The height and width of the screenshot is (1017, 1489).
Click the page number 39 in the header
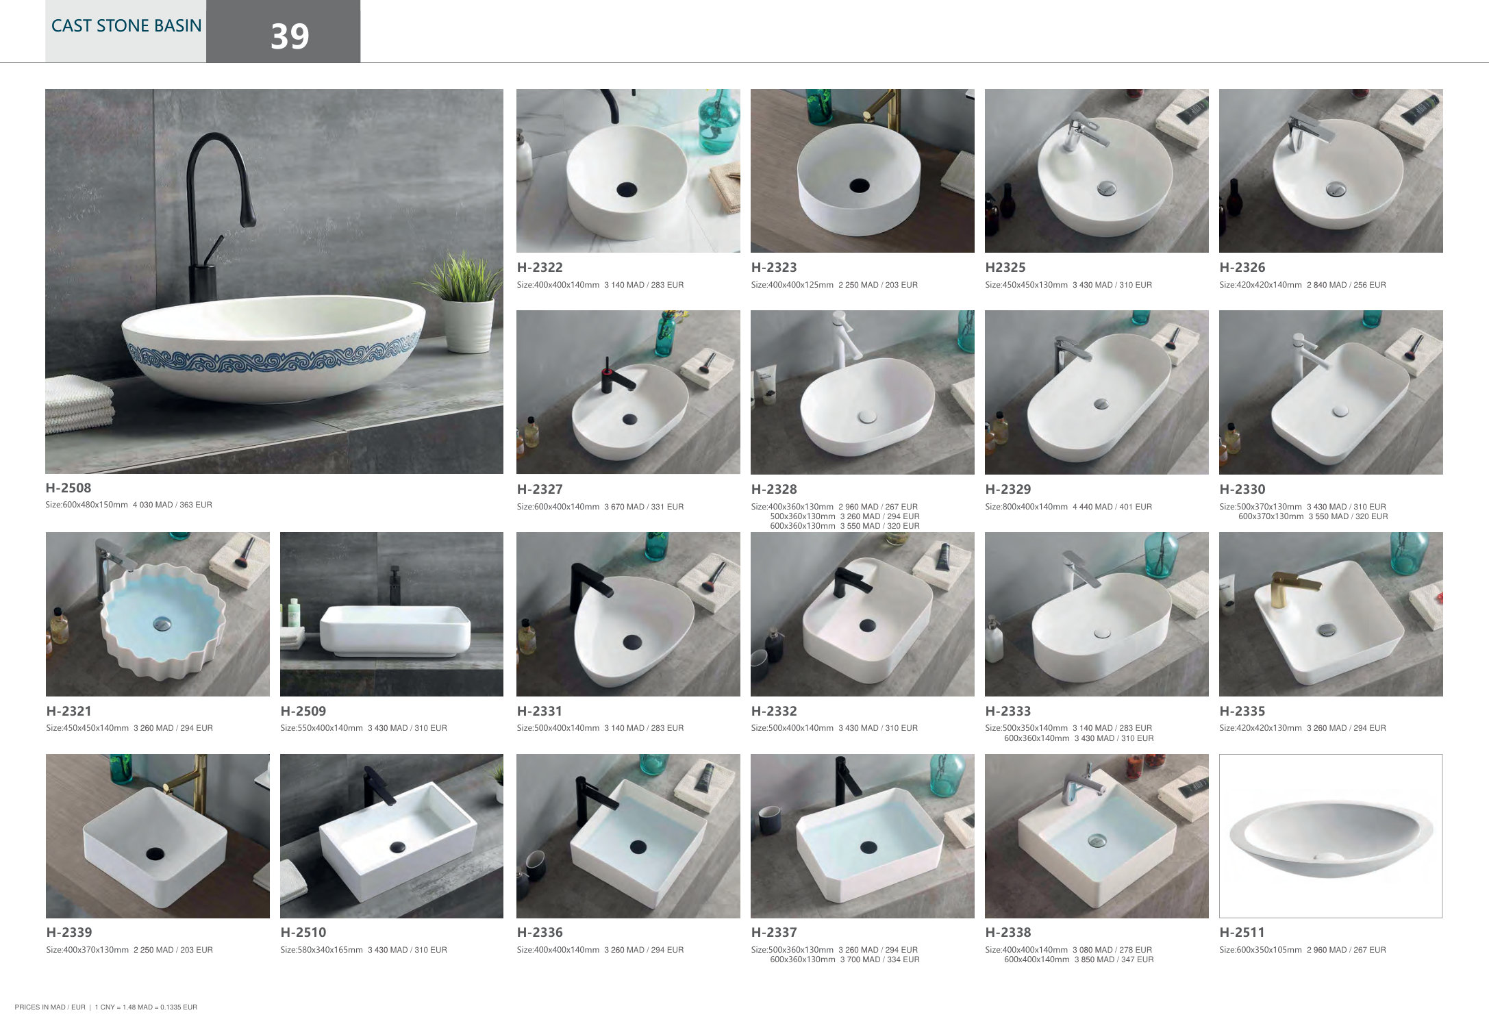[x=290, y=36]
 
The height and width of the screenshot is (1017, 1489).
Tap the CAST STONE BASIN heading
[x=127, y=26]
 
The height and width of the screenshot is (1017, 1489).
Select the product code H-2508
[x=68, y=488]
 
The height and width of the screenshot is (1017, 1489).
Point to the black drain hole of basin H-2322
[x=627, y=190]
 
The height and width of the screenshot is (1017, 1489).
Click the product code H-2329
[x=1008, y=489]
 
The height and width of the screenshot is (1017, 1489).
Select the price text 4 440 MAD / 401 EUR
[x=1112, y=507]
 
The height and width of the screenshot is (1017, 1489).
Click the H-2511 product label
[x=1242, y=932]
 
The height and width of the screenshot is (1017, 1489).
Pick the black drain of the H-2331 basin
[x=632, y=642]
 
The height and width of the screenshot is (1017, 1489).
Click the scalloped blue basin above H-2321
[x=163, y=621]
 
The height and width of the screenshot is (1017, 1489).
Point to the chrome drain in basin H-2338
[x=1097, y=840]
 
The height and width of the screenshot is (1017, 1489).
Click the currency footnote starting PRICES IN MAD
[x=106, y=1007]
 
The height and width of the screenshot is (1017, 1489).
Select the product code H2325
[x=1005, y=267]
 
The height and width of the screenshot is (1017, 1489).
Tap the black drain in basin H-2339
[x=155, y=853]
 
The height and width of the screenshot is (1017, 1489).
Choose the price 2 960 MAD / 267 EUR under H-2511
[x=1347, y=950]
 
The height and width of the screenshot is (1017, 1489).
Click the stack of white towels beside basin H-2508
[x=79, y=404]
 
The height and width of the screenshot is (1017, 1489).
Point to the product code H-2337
[x=774, y=932]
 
